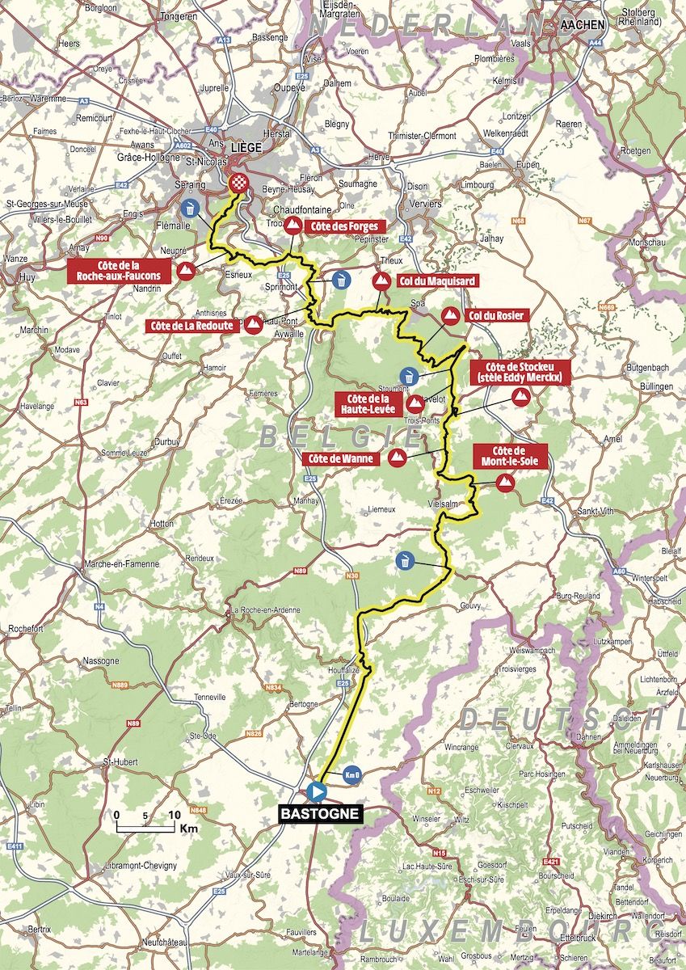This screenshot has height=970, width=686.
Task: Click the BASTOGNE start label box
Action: (x=321, y=814)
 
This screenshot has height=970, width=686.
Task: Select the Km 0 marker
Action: (x=351, y=774)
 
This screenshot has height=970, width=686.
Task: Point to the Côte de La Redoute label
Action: (x=191, y=326)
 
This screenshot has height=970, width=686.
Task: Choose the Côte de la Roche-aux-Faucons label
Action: (x=120, y=270)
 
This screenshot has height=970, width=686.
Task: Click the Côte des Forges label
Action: (x=342, y=226)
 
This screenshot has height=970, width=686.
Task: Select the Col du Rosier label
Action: (x=496, y=315)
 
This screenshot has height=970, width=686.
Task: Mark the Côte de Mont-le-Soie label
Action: (x=510, y=456)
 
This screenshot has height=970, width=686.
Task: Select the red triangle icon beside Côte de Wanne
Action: (x=396, y=458)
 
